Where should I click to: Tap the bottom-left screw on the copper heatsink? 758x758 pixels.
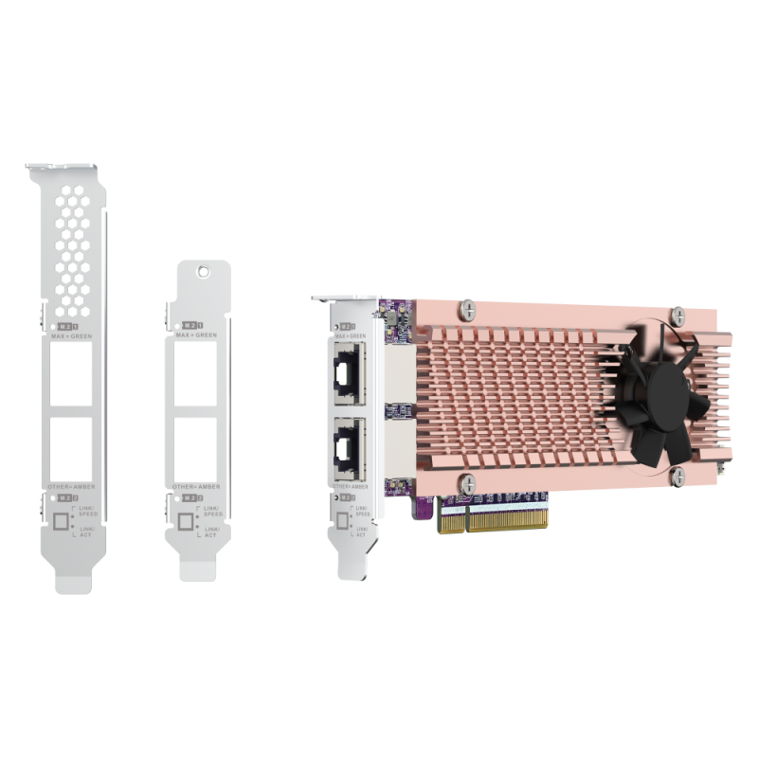click(x=468, y=480)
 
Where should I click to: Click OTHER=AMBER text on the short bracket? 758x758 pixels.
click(x=197, y=485)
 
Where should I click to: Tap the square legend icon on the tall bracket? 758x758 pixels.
click(x=64, y=520)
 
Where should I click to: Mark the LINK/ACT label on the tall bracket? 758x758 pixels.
click(x=88, y=532)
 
